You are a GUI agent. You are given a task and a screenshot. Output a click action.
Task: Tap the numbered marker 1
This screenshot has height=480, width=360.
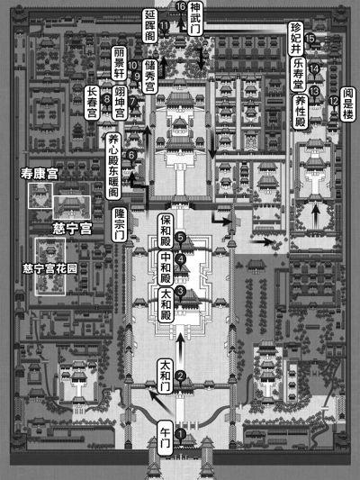point(181,434)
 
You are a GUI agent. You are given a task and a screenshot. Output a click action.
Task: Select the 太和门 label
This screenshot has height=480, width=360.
point(166,376)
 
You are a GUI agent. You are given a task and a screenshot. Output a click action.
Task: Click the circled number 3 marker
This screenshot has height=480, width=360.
point(181,291)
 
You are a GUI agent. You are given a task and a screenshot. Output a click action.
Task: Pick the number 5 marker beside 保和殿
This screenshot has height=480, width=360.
point(181,238)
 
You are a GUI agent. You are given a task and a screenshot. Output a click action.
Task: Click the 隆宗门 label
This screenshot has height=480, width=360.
point(119,225)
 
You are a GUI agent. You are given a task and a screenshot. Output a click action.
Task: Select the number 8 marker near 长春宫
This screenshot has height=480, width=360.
point(107,99)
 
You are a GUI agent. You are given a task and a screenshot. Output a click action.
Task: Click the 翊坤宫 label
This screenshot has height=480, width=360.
point(120,103)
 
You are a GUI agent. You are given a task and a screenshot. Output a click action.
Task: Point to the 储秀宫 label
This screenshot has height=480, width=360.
point(150,77)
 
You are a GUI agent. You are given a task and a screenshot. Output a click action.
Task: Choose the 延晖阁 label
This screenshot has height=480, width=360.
point(150,26)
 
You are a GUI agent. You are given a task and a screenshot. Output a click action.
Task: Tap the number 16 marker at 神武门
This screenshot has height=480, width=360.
point(181,6)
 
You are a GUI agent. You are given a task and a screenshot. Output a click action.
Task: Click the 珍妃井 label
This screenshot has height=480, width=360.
point(296,39)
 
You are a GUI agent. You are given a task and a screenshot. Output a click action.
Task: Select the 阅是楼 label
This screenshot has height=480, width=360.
point(348,104)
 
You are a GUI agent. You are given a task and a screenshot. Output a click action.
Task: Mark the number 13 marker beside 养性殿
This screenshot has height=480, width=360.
point(314,91)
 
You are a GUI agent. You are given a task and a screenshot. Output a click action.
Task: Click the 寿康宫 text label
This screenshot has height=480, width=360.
point(39,174)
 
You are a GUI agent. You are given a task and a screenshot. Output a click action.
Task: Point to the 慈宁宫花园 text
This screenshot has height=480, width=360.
point(50,269)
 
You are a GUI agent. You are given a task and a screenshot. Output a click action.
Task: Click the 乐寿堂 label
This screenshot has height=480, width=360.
point(298,75)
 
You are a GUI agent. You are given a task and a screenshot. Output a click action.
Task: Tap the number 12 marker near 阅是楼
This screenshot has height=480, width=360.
point(334,101)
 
